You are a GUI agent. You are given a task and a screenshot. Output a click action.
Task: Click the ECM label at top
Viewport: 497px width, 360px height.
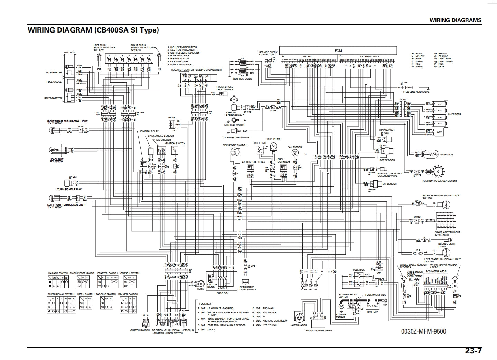(338, 50)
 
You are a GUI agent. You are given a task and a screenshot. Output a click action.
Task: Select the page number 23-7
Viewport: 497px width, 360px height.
(473, 351)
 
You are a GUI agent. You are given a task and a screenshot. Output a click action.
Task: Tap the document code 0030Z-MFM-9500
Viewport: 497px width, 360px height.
(423, 331)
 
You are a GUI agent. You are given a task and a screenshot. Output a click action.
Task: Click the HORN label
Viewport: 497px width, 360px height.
(200, 289)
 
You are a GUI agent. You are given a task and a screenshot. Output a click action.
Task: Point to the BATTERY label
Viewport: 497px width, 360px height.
(373, 312)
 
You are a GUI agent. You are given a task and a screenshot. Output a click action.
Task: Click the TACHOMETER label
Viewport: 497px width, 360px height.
(54, 73)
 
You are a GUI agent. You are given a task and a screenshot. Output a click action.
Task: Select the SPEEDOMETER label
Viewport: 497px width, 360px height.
(53, 98)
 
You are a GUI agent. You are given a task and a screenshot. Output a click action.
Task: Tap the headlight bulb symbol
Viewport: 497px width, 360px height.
(55, 150)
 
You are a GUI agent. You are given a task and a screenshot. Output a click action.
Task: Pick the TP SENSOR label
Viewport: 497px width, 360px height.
(446, 155)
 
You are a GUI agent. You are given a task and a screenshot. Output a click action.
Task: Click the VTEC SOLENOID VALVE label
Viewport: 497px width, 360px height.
(416, 92)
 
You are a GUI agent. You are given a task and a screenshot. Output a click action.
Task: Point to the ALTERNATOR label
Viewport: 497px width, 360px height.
(299, 325)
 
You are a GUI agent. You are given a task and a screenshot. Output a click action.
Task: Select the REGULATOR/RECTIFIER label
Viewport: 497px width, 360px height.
(318, 331)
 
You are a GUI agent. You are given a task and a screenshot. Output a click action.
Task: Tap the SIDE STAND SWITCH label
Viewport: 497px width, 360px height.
(234, 145)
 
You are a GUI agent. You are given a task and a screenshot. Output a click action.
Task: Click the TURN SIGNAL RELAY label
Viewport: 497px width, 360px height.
(69, 190)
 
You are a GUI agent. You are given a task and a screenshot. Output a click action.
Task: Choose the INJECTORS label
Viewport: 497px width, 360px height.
(454, 114)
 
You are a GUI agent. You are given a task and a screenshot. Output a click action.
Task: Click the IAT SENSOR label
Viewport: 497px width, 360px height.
(390, 184)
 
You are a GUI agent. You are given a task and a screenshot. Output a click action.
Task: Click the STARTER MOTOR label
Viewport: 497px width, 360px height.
(341, 316)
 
